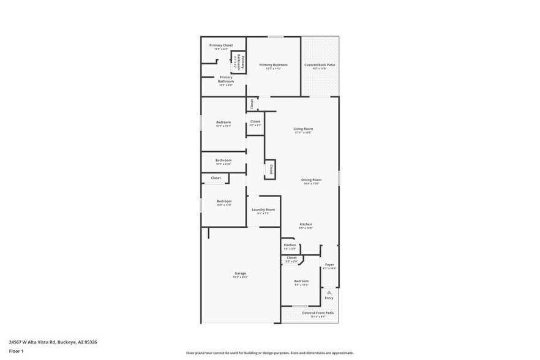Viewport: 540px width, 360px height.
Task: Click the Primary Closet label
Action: [221, 45]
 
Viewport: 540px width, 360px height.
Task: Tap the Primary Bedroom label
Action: [273, 65]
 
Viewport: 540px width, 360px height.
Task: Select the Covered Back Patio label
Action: [320, 65]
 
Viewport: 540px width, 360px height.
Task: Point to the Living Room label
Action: [303, 129]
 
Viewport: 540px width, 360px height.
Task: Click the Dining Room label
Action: [312, 180]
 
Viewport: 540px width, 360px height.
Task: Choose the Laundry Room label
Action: [263, 210]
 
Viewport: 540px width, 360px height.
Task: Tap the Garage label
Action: [240, 274]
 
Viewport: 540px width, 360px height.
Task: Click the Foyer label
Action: [329, 265]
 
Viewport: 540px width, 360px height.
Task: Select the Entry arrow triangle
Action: [329, 292]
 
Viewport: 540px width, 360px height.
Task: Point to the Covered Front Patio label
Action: [318, 313]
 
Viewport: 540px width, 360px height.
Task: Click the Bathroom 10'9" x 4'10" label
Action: [223, 160]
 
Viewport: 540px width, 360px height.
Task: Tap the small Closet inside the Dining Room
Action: [270, 168]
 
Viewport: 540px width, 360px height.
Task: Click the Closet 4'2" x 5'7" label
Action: [255, 122]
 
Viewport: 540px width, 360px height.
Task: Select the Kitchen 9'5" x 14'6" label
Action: [306, 225]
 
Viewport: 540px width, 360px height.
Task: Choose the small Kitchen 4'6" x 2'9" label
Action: [290, 246]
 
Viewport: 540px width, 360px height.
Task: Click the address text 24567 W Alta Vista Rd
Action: [53, 342]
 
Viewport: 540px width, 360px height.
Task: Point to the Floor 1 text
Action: [16, 351]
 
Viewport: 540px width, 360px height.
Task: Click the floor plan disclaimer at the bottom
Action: [270, 353]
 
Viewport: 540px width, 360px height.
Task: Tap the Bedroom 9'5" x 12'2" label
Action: [301, 282]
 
